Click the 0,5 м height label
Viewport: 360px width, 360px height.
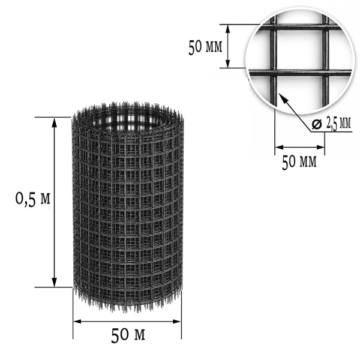32,199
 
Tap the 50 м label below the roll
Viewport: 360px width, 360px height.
128,335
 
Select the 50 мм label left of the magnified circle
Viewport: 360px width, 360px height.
205,47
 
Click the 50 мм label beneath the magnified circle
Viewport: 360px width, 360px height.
299,161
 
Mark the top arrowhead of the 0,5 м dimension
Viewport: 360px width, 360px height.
54,122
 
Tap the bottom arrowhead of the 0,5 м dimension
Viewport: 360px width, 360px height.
54,282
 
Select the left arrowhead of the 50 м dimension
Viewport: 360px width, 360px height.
77,322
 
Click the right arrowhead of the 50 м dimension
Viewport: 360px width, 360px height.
177,322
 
